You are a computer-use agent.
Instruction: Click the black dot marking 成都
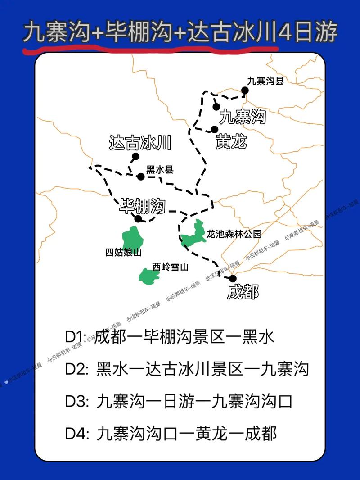click(x=233, y=278)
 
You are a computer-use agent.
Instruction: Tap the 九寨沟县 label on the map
click(x=265, y=81)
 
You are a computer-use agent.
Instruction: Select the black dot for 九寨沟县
click(x=245, y=91)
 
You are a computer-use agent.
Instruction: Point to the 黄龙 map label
click(x=231, y=142)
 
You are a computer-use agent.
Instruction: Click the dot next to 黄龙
click(x=215, y=130)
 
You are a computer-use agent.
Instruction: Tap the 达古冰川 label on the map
click(x=141, y=143)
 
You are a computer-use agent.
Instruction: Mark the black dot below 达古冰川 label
click(x=135, y=157)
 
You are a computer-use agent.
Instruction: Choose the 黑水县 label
click(x=160, y=170)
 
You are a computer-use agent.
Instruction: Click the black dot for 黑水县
click(x=141, y=177)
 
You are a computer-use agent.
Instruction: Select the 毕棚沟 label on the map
click(x=142, y=206)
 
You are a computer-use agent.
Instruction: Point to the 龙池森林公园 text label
click(x=234, y=234)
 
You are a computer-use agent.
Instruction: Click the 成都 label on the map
click(x=243, y=292)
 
